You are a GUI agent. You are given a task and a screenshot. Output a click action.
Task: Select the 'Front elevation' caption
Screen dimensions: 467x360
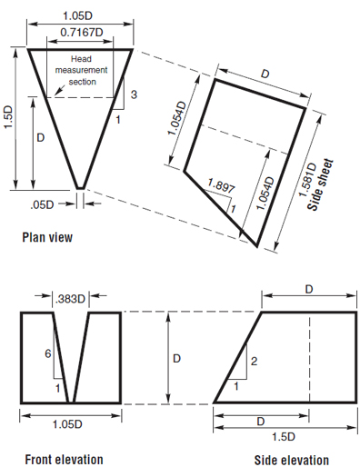click(62, 458)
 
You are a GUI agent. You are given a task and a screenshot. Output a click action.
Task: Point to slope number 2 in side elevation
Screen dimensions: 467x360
click(254, 362)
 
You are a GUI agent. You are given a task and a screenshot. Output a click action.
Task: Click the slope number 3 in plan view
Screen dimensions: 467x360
click(133, 94)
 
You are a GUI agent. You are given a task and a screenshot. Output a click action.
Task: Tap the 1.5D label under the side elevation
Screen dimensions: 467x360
click(286, 437)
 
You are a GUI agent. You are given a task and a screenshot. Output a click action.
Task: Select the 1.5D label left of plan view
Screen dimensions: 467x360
click(11, 114)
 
